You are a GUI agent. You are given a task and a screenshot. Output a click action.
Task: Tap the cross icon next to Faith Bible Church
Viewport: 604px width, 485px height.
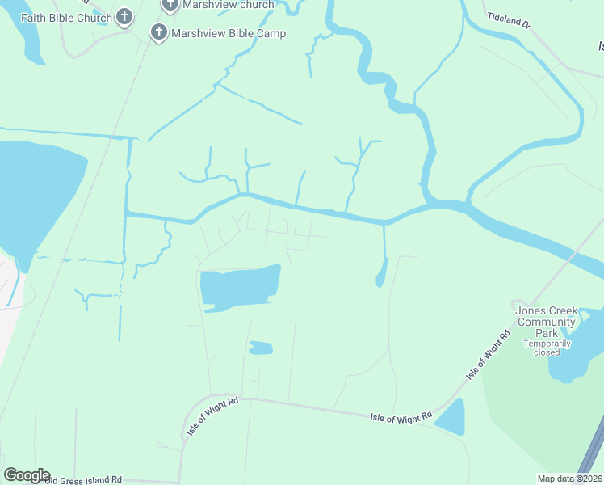[124, 15]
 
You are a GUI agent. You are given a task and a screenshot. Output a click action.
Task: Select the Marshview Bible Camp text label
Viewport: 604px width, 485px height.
[229, 33]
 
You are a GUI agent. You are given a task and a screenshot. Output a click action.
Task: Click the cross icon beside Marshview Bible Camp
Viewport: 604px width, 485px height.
[159, 32]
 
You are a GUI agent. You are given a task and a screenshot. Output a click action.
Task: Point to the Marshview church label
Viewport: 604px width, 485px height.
[229, 5]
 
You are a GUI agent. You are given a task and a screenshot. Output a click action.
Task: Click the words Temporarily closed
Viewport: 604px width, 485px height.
[547, 348]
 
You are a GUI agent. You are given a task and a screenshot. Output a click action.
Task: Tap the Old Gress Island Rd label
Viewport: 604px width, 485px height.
[83, 479]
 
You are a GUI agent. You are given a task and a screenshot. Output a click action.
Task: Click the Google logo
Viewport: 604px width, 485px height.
[27, 475]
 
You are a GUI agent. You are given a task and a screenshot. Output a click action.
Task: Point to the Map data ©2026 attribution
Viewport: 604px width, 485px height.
[569, 479]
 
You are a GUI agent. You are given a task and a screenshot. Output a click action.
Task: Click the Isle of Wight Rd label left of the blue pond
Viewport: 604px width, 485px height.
[401, 418]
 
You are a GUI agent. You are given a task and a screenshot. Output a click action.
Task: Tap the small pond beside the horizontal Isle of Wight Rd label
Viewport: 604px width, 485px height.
[451, 418]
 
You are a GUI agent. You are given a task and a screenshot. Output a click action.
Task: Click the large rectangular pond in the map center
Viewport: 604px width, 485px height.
[240, 287]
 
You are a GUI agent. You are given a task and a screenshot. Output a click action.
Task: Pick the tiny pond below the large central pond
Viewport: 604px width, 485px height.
[260, 348]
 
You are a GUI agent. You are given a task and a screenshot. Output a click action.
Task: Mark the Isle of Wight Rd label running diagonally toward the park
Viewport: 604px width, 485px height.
[489, 356]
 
